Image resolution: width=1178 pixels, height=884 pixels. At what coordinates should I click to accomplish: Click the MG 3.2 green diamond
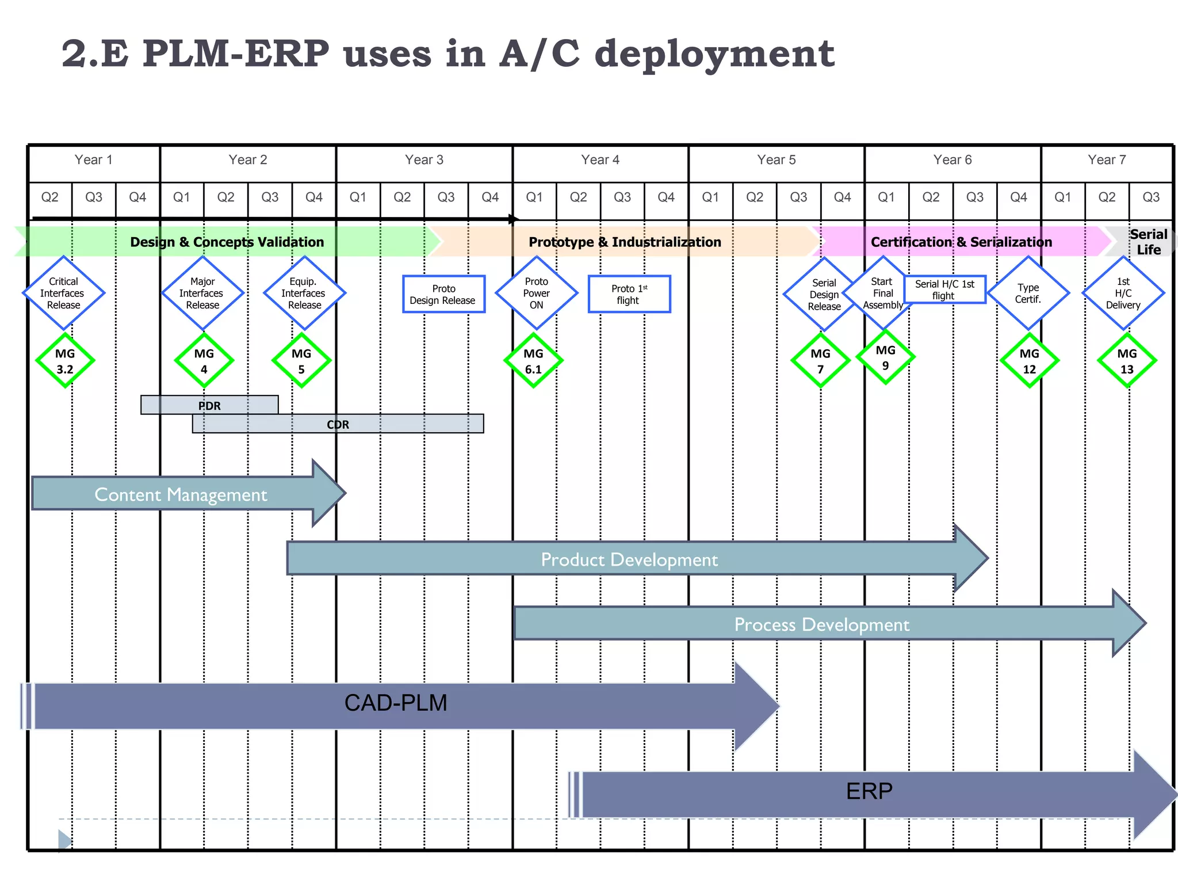point(65,361)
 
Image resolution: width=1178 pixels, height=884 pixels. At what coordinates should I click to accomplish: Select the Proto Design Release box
point(443,294)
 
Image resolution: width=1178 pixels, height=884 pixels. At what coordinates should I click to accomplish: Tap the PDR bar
point(209,405)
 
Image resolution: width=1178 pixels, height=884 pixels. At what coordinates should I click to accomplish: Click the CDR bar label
point(338,424)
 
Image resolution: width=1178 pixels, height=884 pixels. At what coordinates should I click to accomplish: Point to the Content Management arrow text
point(181,494)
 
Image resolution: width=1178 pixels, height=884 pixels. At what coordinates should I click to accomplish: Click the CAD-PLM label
point(396,703)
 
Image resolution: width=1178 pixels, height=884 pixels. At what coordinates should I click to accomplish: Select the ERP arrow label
point(869,791)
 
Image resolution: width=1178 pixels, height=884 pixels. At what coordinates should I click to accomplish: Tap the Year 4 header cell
point(600,160)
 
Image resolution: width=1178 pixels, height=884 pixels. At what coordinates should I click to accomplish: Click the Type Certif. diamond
point(1028,293)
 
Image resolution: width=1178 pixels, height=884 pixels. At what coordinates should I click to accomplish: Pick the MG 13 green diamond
point(1127,361)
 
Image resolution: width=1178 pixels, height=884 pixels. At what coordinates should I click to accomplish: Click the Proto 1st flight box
point(629,294)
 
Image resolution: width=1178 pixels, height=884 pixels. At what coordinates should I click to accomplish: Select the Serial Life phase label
point(1148,242)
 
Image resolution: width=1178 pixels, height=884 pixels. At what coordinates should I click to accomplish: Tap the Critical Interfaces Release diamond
point(63,293)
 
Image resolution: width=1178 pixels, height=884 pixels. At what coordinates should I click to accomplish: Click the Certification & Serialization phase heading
point(961,242)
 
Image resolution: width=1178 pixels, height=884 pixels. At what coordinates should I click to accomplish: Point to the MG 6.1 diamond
point(533,361)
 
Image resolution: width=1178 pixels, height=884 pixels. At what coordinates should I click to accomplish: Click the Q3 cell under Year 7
point(1151,197)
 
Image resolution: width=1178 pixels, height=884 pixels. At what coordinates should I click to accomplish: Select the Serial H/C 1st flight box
point(944,289)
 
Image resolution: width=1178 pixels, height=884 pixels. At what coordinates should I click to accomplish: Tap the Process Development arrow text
point(821,624)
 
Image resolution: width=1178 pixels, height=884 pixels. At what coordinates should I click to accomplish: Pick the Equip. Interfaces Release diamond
point(304,293)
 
